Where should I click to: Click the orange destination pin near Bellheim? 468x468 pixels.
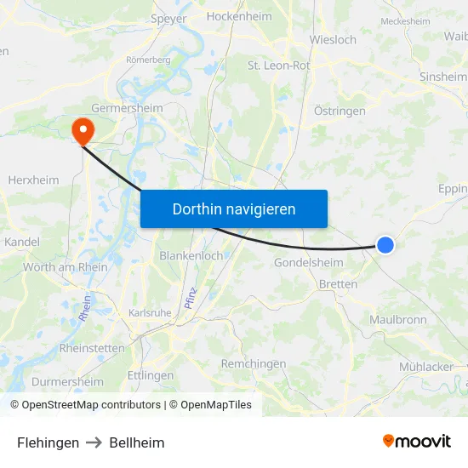(83, 129)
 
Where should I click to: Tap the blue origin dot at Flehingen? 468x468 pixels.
(385, 245)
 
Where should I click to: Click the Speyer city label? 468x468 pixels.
(168, 18)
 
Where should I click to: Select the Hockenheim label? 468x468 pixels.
(239, 16)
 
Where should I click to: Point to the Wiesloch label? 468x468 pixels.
(334, 39)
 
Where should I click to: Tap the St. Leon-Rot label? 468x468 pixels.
(278, 65)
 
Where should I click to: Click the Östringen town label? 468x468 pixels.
(340, 111)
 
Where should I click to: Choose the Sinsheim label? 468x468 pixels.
(442, 77)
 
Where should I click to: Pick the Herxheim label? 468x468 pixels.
(33, 180)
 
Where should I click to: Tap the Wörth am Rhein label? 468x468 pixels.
(65, 267)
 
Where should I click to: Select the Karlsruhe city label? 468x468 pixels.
(151, 312)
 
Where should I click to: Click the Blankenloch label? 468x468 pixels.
(191, 255)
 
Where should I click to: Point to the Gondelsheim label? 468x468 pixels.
(309, 263)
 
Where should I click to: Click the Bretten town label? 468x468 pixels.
(338, 284)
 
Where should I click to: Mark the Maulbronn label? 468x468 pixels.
(397, 320)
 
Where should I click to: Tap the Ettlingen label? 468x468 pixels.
(150, 375)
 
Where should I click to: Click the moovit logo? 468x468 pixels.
(416, 442)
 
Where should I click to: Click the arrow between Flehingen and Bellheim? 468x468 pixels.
(94, 442)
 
